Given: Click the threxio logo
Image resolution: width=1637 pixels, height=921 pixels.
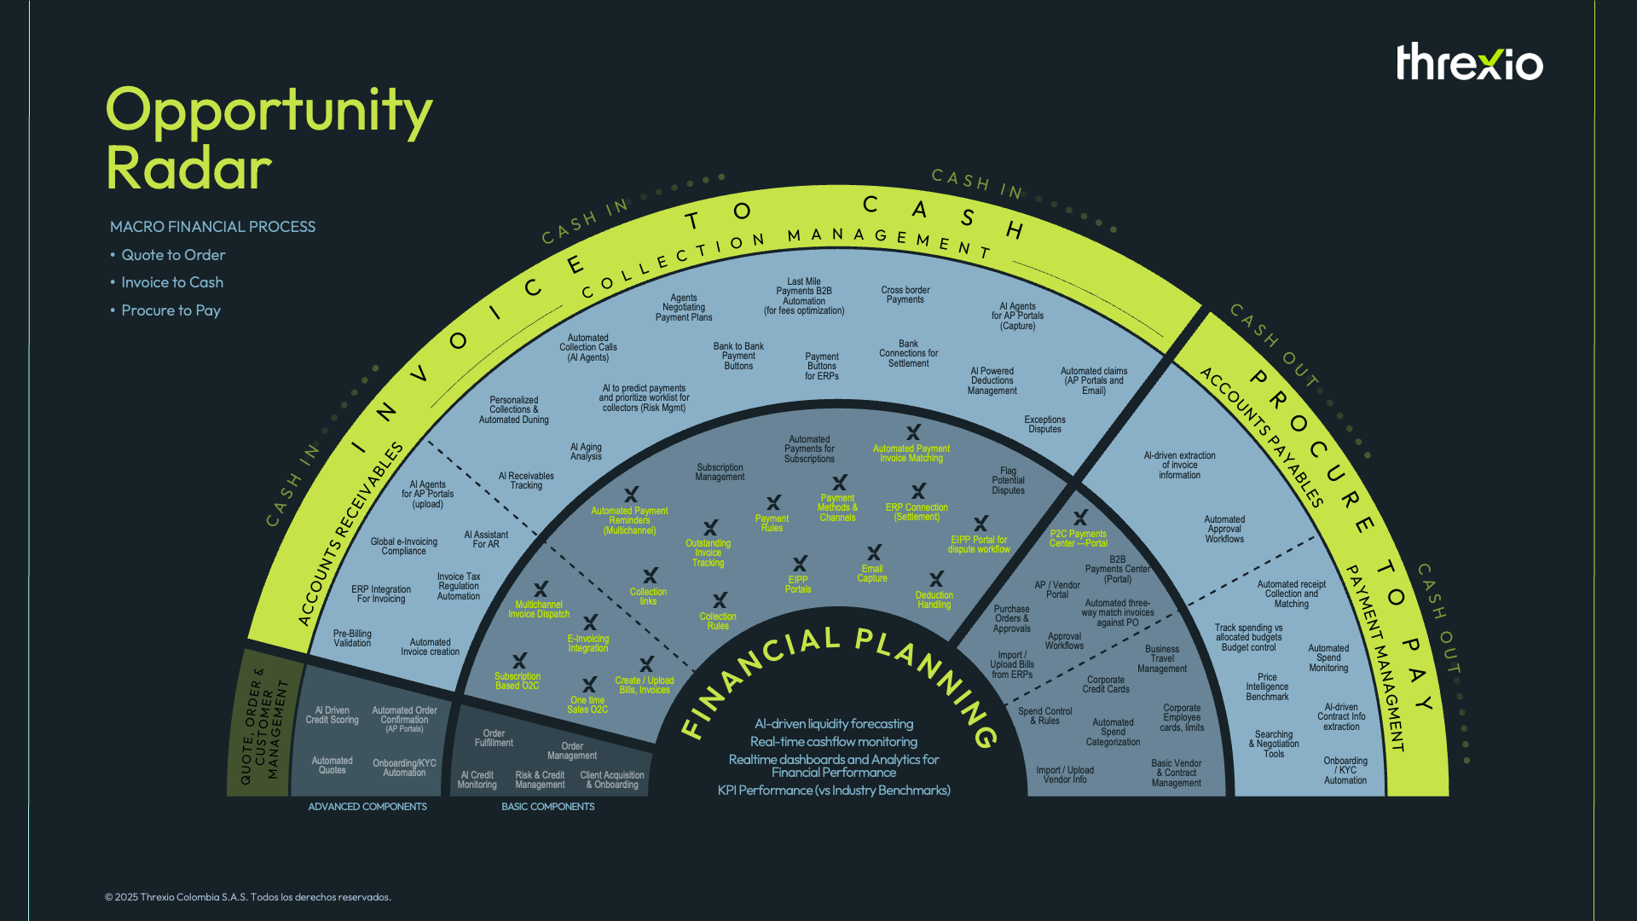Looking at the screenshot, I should pos(1469,62).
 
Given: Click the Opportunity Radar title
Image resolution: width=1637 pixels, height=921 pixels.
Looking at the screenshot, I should pos(268,138).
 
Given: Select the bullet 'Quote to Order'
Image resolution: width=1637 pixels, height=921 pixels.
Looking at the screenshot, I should pos(173,255).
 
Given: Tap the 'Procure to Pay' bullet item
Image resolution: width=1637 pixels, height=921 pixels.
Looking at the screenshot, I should pos(171,310).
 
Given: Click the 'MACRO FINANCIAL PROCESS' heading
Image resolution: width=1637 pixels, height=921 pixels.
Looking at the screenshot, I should pos(212,227).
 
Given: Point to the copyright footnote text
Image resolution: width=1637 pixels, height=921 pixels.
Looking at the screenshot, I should pos(247,897).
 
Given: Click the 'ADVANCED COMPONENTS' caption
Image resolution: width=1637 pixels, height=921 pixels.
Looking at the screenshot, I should pos(367,807).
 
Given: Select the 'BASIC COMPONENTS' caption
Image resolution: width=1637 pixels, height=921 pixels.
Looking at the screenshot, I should pos(547,807).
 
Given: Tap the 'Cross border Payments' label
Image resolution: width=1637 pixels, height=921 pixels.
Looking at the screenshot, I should pos(905,295).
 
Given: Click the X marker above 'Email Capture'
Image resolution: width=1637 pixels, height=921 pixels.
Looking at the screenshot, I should pos(874,553).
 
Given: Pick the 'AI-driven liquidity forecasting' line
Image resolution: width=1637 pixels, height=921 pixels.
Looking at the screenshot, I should pos(834,724).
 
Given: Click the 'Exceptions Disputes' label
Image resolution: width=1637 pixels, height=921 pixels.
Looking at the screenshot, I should pos(1044,425).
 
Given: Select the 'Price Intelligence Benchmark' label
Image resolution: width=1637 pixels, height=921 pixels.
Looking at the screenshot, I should pos(1267,687).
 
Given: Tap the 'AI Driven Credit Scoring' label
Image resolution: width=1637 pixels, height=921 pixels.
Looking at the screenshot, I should pos(332,715).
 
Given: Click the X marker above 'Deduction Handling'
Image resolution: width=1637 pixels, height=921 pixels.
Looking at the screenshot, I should pos(936,579).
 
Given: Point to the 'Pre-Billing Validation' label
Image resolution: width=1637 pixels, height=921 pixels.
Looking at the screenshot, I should pos(352,639).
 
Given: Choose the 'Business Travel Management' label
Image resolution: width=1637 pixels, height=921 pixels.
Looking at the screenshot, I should pos(1161,659).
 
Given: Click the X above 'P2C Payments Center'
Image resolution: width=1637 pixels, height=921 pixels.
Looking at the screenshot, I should pos(1080,518).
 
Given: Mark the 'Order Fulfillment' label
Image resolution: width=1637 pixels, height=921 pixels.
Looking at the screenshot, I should pos(494,739).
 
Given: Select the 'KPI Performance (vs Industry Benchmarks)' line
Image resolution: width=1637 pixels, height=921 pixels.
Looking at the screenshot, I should pos(834,791).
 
